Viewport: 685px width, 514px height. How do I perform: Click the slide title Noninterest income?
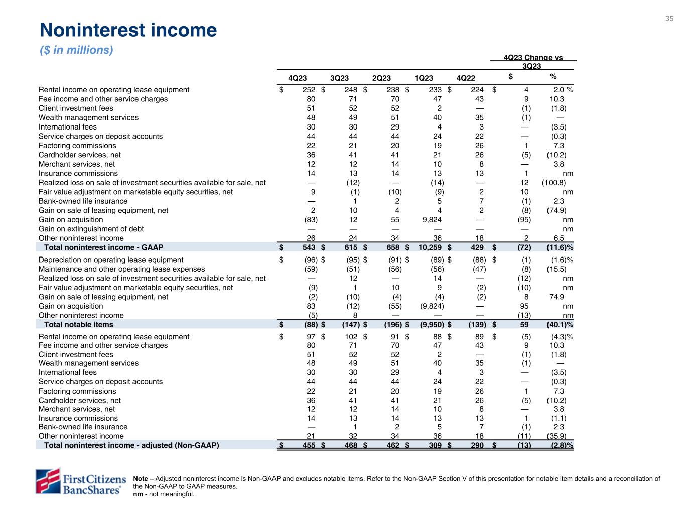[128, 30]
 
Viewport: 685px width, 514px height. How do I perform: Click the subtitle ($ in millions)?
[76, 50]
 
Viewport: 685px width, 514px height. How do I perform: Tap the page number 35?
[669, 19]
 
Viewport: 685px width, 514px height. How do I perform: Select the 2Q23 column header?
[381, 78]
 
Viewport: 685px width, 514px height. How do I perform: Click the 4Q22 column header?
[466, 78]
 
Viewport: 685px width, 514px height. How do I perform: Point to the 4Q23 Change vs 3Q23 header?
[533, 62]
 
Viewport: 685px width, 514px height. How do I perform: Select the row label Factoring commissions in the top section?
[77, 146]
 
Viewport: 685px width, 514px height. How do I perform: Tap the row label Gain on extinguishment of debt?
[91, 229]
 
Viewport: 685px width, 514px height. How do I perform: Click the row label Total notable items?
[79, 325]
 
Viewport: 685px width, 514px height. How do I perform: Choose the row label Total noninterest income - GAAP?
[103, 247]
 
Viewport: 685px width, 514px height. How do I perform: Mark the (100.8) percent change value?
[554, 183]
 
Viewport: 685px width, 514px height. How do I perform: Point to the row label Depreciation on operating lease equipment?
[111, 260]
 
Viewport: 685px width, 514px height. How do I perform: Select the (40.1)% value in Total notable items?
[559, 325]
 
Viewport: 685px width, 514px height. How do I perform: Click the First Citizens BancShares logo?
[79, 481]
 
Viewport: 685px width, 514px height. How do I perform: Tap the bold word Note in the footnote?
[141, 479]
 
